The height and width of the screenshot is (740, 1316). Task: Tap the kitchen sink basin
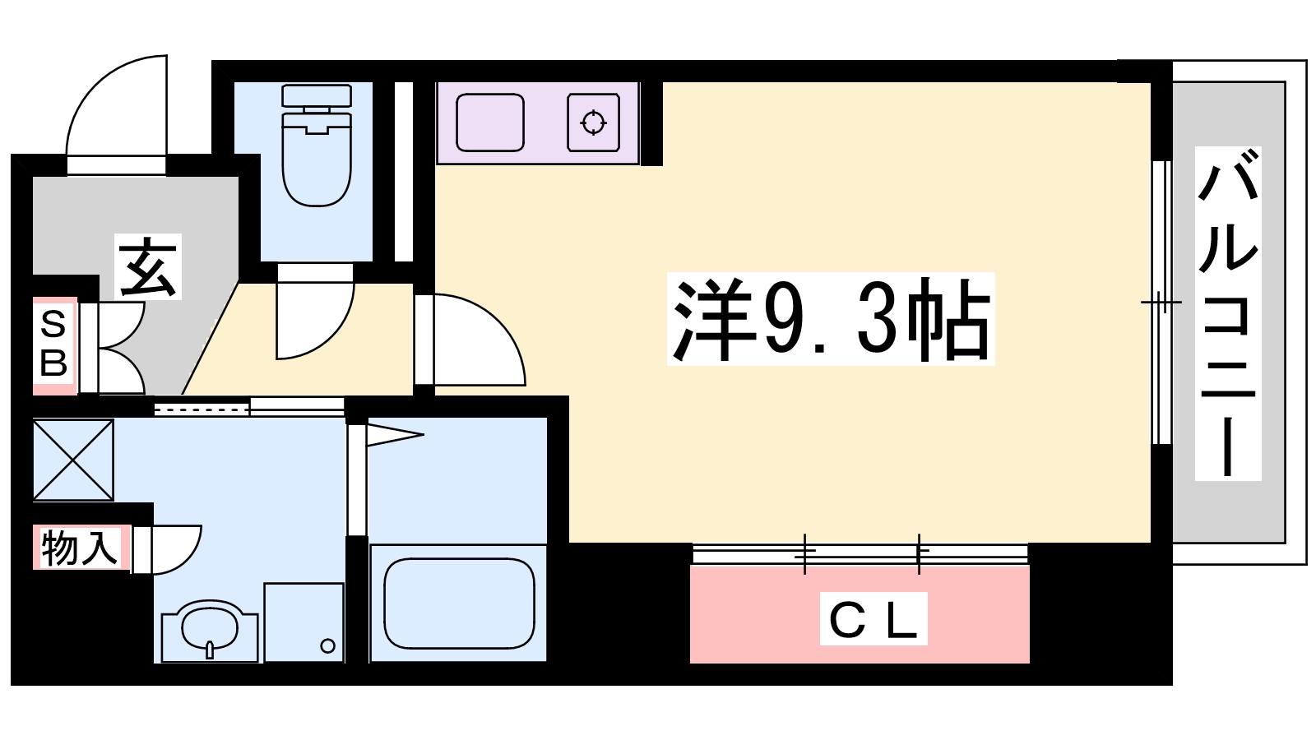coord(490,123)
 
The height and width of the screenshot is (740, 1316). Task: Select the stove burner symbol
coord(593,123)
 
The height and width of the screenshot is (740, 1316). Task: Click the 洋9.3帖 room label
coord(831,319)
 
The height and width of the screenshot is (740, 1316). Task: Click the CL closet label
coord(873,619)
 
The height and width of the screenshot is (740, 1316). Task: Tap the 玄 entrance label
coord(148,267)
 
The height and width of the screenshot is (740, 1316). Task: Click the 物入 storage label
coord(80,548)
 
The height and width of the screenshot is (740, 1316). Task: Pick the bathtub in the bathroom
coord(459,604)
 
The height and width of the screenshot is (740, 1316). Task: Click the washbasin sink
coord(210,631)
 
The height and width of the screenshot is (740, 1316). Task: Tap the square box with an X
coord(73,460)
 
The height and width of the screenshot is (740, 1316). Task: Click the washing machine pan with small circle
coord(304,622)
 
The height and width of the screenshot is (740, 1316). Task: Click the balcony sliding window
coord(1161,303)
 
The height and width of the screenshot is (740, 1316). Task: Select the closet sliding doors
coord(860,553)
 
